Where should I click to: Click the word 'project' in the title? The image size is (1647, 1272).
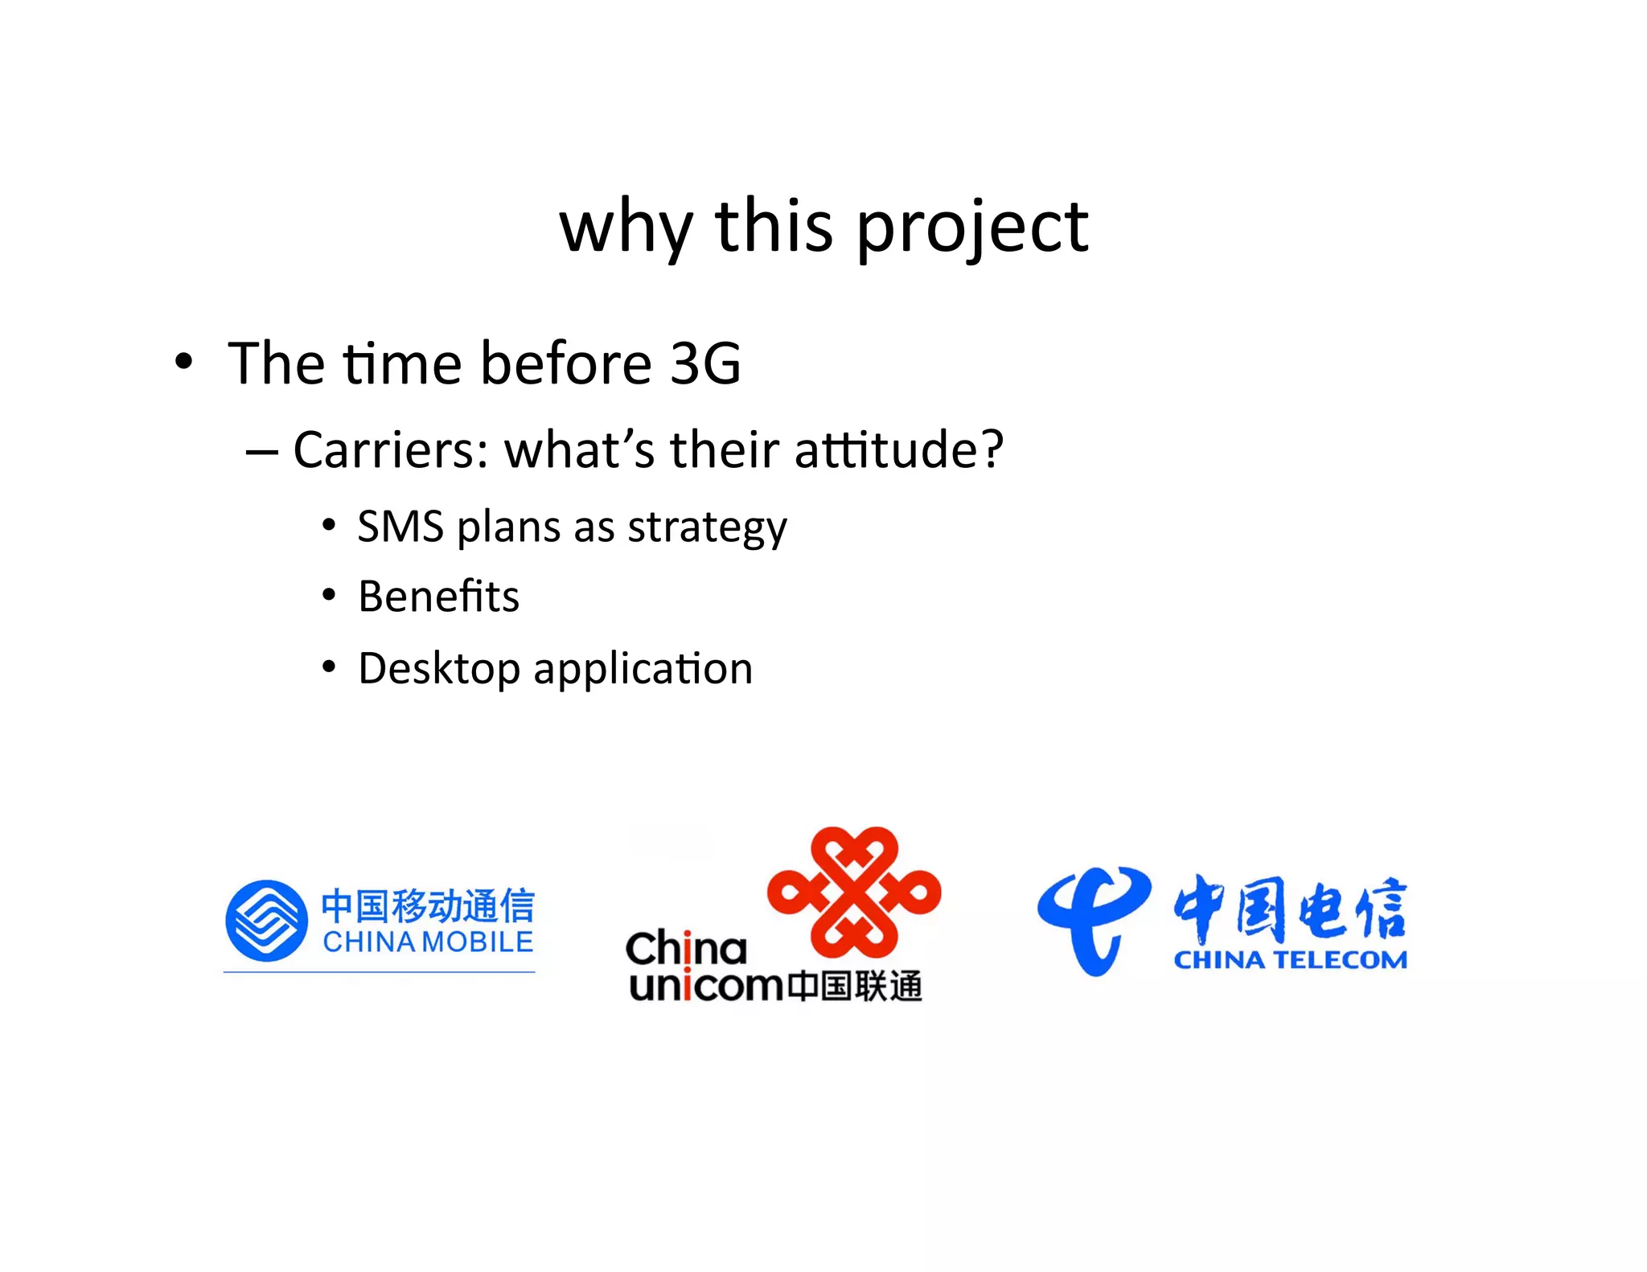pos(971,229)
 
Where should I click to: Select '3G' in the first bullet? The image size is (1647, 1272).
pos(705,363)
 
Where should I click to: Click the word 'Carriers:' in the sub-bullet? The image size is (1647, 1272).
pos(391,449)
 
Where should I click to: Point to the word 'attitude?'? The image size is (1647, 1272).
pos(899,449)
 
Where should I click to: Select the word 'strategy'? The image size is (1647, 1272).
pos(707,529)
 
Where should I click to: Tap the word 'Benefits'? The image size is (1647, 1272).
pos(439,597)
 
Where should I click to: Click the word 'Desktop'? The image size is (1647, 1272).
pos(439,669)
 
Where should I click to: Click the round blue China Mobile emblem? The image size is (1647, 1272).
pos(266,921)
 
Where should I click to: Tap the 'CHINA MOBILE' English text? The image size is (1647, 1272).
pos(428,942)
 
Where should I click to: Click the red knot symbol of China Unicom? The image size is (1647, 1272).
pos(854,892)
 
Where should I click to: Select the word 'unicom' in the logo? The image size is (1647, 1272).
pos(706,987)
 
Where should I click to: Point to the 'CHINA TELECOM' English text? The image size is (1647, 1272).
pos(1290,960)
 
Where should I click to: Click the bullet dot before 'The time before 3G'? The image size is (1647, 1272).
pos(184,362)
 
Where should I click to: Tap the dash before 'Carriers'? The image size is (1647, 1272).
pos(261,453)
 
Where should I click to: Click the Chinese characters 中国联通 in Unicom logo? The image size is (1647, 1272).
pos(854,987)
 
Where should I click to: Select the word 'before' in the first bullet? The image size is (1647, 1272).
pos(565,363)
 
